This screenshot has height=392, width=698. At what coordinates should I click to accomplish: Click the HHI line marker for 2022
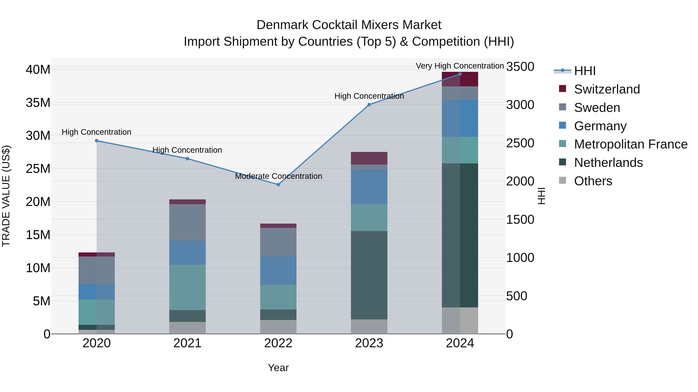[x=278, y=184]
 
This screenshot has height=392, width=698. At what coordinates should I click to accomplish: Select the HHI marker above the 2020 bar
[x=97, y=141]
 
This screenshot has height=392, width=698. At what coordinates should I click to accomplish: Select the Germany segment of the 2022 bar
[x=278, y=270]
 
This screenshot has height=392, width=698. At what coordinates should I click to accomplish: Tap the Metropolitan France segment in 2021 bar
[x=187, y=287]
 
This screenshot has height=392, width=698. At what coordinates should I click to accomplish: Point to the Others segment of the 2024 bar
[x=460, y=320]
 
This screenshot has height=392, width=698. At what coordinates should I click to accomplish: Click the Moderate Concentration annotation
[x=278, y=176]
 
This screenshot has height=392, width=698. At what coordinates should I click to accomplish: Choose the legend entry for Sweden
[x=597, y=108]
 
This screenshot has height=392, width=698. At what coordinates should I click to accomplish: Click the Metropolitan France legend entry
[x=631, y=144]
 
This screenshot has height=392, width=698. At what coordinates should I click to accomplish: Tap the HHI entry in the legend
[x=585, y=71]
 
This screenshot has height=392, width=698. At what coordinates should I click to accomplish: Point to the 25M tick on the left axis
[x=38, y=169]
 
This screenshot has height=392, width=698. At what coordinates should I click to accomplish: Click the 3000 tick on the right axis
[x=520, y=105]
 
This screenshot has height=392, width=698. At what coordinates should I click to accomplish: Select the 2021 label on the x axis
[x=187, y=343]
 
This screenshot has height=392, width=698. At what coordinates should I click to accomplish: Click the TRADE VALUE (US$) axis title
[x=6, y=196]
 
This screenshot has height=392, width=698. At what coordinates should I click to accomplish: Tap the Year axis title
[x=278, y=368]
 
